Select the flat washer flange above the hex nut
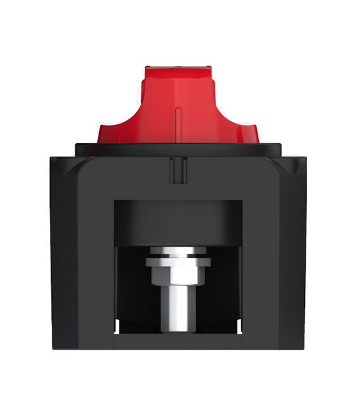pos(177,259)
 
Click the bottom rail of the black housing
pos(177,341)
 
